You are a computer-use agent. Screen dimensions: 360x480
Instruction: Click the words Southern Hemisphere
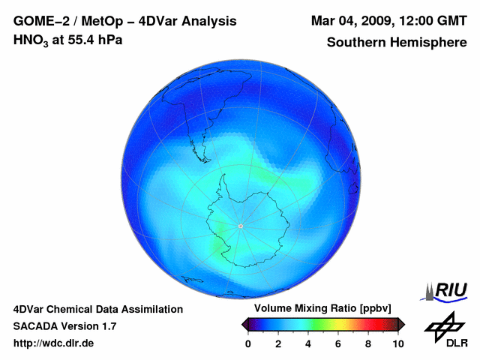(397, 43)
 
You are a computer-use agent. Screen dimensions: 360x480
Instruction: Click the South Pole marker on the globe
(240, 226)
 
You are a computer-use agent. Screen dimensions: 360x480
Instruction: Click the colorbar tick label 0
(248, 344)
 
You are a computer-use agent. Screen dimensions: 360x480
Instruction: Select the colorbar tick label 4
(308, 344)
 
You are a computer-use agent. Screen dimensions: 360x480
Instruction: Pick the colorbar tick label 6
(338, 344)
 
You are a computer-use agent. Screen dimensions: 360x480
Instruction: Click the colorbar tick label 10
(398, 344)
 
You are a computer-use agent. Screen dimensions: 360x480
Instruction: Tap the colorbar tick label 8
(368, 344)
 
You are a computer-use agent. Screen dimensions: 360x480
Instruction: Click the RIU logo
(448, 289)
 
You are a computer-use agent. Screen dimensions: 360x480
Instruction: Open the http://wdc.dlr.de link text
(54, 343)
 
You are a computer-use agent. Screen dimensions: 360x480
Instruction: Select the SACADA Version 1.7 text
(64, 326)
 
